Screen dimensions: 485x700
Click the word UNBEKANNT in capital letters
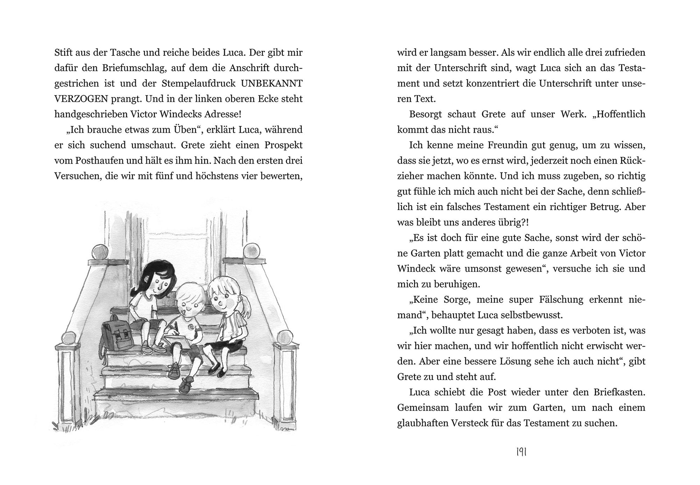[x=272, y=83]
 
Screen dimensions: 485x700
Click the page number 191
[x=521, y=452]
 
